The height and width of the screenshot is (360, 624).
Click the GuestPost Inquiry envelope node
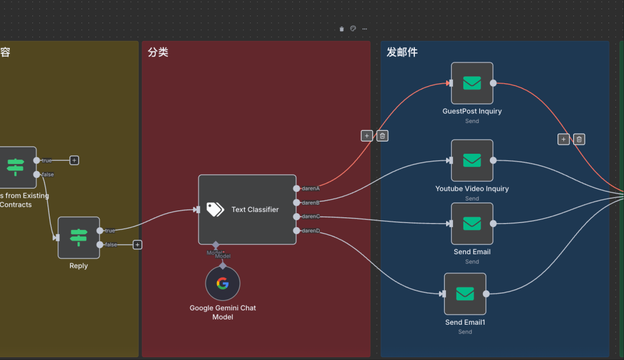[472, 83]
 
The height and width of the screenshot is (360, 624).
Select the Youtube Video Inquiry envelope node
[472, 161]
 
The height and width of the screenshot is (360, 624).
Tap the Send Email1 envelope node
[465, 294]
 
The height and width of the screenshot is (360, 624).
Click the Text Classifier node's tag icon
[216, 209]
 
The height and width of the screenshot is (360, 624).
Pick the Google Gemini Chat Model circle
[222, 284]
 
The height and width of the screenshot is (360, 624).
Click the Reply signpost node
[79, 237]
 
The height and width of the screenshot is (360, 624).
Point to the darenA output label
[311, 188]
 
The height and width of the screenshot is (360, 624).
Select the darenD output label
[311, 231]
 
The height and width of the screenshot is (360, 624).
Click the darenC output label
[311, 217]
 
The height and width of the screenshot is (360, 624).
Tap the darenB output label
[311, 203]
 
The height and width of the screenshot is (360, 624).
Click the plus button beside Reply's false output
[138, 245]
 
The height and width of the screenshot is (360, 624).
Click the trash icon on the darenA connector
[382, 136]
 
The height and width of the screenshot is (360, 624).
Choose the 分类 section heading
[158, 53]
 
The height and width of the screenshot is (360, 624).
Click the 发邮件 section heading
[402, 53]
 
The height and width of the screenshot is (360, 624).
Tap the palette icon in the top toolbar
[353, 28]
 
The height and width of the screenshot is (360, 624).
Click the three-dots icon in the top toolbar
[364, 28]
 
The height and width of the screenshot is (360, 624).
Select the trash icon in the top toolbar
[341, 28]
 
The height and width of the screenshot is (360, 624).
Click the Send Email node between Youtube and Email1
[472, 224]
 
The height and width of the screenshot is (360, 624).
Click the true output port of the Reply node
[100, 231]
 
